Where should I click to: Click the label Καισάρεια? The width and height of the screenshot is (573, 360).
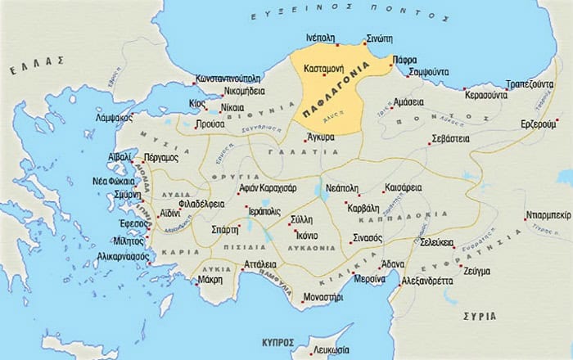[x=402, y=187]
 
